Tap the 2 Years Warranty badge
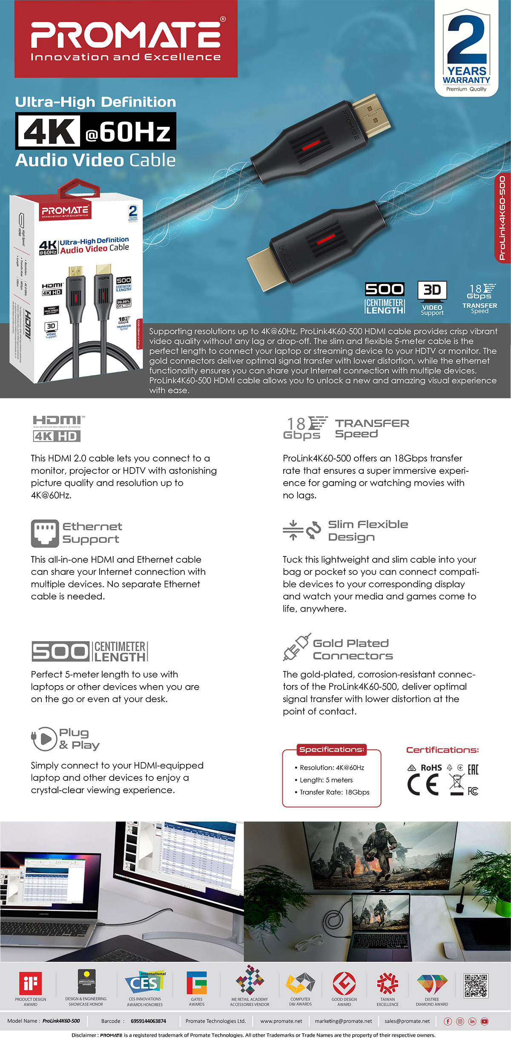pyautogui.click(x=466, y=49)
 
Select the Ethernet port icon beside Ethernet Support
pyautogui.click(x=45, y=533)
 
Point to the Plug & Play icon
pyautogui.click(x=44, y=739)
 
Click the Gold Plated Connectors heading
pyautogui.click(x=353, y=649)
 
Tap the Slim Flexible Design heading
pyautogui.click(x=368, y=530)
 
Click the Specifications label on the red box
pyautogui.click(x=331, y=749)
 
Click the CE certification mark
pyautogui.click(x=423, y=785)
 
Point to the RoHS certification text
pyautogui.click(x=431, y=768)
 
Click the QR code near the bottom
pyautogui.click(x=476, y=985)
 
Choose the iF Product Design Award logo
pyautogui.click(x=30, y=983)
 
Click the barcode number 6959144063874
pyautogui.click(x=148, y=1021)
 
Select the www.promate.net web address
pyautogui.click(x=281, y=1021)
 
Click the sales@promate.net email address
pyautogui.click(x=407, y=1021)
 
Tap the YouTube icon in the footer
pyautogui.click(x=485, y=1021)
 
